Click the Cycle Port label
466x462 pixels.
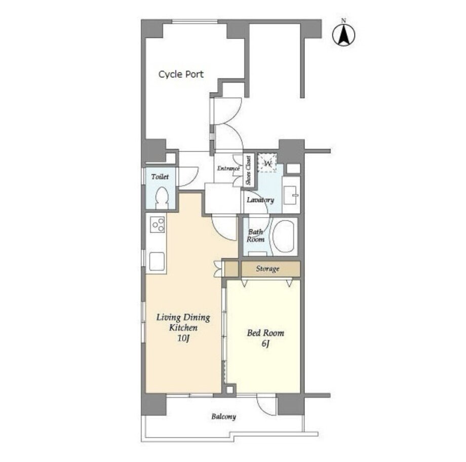[x=181, y=74]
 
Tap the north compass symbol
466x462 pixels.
[x=343, y=33]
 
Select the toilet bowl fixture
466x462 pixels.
[x=162, y=198]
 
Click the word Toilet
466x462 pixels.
[x=160, y=177]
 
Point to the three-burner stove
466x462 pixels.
[x=157, y=224]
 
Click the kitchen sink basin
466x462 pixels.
[x=157, y=261]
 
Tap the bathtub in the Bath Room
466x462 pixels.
[x=284, y=237]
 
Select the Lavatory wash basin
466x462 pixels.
[x=290, y=195]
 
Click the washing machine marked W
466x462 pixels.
[x=267, y=163]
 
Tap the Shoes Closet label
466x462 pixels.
[x=248, y=170]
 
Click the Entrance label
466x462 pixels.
[x=228, y=169]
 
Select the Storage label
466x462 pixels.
[x=267, y=269]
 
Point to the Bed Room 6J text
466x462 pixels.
[x=265, y=338]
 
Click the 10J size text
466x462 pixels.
[x=183, y=338]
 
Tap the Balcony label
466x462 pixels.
[x=223, y=416]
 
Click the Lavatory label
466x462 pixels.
[x=260, y=200]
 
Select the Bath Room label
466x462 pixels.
[x=256, y=236]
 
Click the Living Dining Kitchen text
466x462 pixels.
[x=183, y=323]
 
